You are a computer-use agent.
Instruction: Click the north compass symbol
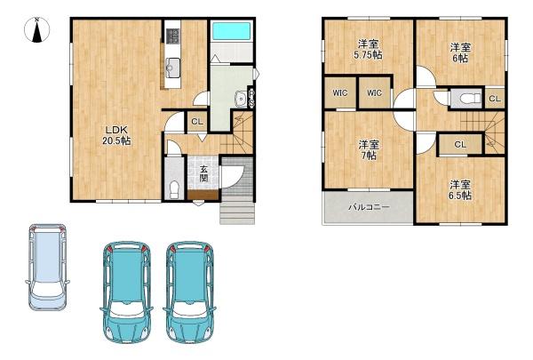coord(37,30)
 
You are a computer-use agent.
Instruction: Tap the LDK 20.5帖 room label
coord(116,135)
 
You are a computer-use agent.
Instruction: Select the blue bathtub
coord(231,31)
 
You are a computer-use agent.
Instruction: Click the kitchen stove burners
coord(172,36)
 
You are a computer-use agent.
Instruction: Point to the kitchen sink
coord(172,68)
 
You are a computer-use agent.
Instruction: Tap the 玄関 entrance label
coord(203,173)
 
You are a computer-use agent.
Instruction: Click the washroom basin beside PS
coord(241,100)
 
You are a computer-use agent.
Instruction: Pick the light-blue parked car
coord(47,267)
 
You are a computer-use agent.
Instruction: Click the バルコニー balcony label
coord(369,207)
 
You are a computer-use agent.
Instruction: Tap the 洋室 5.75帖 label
coord(368,49)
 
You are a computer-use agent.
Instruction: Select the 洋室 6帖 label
coord(460,52)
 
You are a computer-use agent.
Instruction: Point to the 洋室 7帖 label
coord(369,150)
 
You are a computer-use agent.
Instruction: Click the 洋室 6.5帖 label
coord(460,190)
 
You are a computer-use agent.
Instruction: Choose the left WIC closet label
coord(340,93)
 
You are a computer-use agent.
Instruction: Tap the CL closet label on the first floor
coord(197,122)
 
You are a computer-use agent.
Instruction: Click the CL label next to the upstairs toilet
coord(495,99)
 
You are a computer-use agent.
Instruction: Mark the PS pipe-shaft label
coord(252,99)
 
